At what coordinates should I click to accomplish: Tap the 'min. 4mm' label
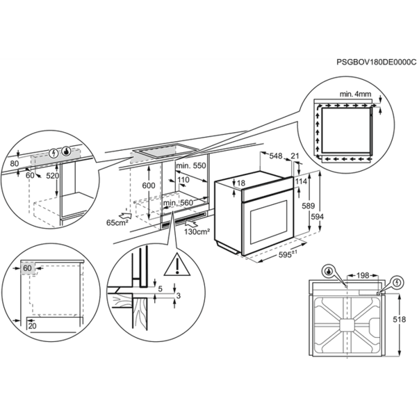coord(355,94)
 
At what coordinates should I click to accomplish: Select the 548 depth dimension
coord(275,156)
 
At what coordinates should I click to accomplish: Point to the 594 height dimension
coord(318,217)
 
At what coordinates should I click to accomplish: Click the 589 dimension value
coord(309,206)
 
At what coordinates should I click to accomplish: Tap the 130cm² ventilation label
coord(197,231)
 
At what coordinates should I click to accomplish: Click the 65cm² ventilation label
coord(117,222)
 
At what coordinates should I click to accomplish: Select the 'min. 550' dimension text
coord(191,165)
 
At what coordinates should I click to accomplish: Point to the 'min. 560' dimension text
coord(178,203)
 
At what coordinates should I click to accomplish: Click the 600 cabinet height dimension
coord(149,186)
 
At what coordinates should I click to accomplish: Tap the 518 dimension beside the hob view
coord(400,319)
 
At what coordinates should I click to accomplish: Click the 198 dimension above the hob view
coord(363,275)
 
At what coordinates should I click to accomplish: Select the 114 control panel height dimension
coord(301,181)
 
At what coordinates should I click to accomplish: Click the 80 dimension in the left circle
coord(14,163)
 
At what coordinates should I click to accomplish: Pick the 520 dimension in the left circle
coord(52,176)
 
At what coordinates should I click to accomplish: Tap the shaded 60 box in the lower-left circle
coord(27,268)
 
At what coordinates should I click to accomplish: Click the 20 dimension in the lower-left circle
coord(32,326)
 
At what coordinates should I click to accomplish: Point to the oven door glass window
coord(268,222)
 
